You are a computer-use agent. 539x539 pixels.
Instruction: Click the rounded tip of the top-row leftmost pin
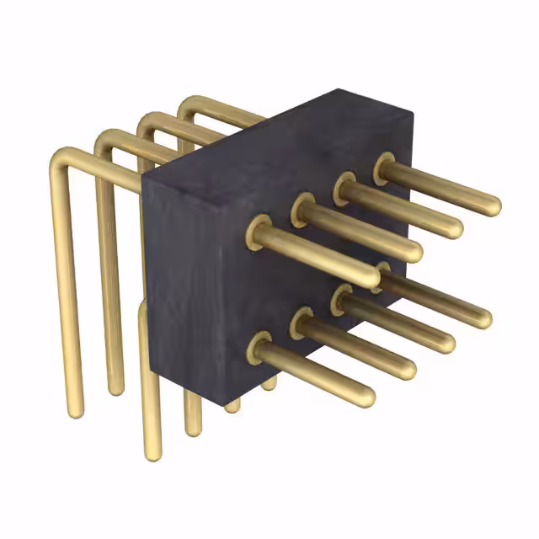pos(371,278)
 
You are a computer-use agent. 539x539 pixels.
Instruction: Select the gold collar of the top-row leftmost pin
pos(258,232)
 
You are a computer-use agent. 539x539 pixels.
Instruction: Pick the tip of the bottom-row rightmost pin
pos(482,318)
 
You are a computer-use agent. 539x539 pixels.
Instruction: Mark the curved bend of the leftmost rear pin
pos(63,160)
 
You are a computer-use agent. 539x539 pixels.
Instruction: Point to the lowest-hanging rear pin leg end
pos(152,455)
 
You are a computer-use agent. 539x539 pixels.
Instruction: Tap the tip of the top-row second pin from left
pos(414,252)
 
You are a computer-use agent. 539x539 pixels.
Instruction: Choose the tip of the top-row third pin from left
pos(455,227)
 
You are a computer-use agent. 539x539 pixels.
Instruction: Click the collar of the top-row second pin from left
pos(302,209)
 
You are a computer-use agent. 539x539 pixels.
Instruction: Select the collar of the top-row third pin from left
pos(343,187)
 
